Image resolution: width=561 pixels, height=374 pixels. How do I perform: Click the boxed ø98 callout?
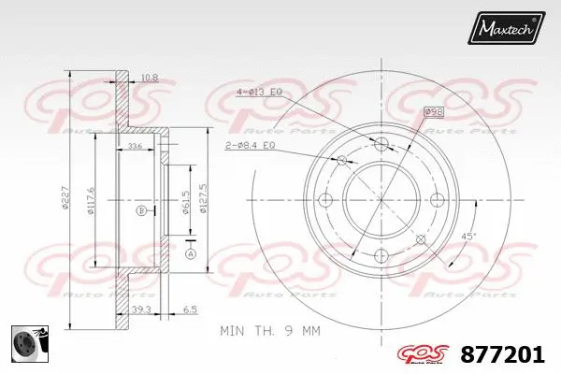pyautogui.click(x=433, y=112)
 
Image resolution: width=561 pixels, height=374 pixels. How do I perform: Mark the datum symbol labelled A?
pyautogui.click(x=191, y=253)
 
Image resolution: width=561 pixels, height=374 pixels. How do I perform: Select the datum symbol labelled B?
pyautogui.click(x=141, y=210)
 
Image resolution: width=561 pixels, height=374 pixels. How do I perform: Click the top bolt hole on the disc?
pyautogui.click(x=381, y=143)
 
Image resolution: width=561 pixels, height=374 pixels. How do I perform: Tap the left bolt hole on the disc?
pyautogui.click(x=325, y=199)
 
